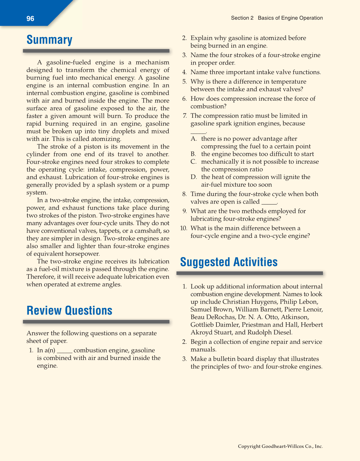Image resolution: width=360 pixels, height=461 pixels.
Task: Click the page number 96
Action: (30, 19)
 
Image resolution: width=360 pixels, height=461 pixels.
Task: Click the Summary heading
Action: (50, 40)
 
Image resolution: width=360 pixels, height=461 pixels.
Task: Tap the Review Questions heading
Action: (69, 311)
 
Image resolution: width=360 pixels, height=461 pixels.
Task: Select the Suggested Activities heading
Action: (229, 262)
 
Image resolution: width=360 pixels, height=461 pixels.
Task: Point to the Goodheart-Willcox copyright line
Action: (280, 446)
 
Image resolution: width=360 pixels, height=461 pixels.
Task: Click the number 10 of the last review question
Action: (184, 228)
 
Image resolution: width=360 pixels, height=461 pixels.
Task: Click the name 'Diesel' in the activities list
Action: (282, 332)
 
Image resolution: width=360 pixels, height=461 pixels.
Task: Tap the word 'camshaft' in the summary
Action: (150, 231)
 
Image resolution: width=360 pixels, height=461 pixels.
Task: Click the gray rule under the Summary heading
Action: (96, 51)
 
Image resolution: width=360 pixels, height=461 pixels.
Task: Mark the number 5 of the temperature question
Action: (185, 82)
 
